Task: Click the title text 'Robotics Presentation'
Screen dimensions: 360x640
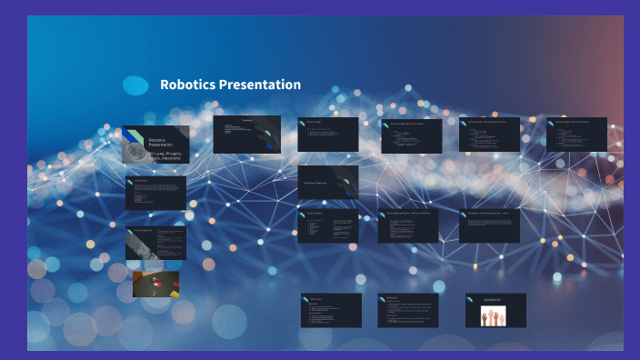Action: click(x=230, y=85)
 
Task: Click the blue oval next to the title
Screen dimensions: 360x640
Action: click(x=135, y=85)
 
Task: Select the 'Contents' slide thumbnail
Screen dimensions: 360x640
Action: click(x=246, y=134)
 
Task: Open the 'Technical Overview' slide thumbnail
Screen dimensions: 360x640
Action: click(x=327, y=182)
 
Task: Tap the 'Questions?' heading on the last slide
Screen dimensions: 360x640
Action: click(x=484, y=299)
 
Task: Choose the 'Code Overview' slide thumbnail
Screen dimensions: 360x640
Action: click(x=327, y=225)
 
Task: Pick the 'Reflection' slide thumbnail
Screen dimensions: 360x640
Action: click(x=407, y=310)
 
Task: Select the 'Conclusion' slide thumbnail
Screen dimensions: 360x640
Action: click(x=331, y=310)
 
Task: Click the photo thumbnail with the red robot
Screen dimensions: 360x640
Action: click(x=155, y=285)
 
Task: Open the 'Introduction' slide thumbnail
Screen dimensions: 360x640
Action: click(x=155, y=193)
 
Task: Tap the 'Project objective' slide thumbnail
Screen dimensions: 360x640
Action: click(x=155, y=242)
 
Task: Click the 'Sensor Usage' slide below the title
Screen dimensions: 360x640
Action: click(x=327, y=134)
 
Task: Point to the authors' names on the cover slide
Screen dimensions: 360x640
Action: click(x=165, y=156)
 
